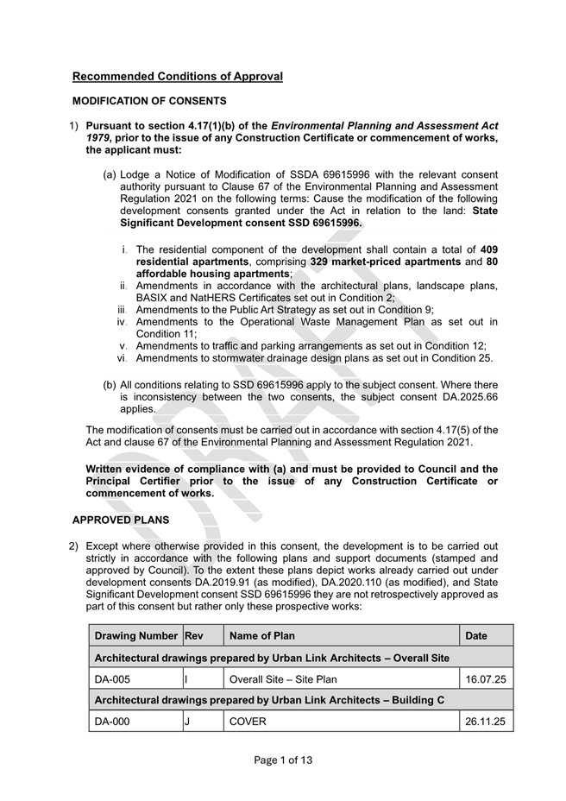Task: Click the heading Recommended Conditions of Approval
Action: [177, 77]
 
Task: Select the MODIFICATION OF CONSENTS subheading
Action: [149, 101]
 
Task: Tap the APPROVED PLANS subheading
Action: [121, 520]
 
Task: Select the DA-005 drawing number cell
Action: [112, 679]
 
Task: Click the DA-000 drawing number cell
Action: [112, 722]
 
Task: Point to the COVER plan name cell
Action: [248, 722]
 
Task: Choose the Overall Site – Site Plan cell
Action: [283, 679]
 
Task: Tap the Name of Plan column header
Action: [262, 636]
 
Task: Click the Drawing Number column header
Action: [135, 636]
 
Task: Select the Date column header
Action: [476, 636]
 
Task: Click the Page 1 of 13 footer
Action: [283, 760]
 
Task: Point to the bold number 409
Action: [488, 249]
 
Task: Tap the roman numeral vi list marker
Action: [123, 358]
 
